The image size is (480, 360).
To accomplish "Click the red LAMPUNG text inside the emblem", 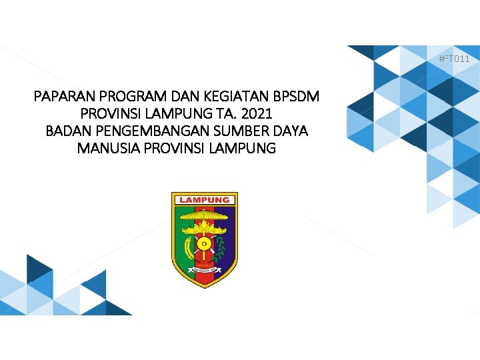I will [205, 200].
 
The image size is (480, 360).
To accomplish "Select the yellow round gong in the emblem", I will [205, 245].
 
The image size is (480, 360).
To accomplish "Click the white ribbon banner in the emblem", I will [205, 270].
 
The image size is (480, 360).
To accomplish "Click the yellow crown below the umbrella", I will [205, 229].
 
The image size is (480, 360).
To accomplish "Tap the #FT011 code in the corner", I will [454, 59].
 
